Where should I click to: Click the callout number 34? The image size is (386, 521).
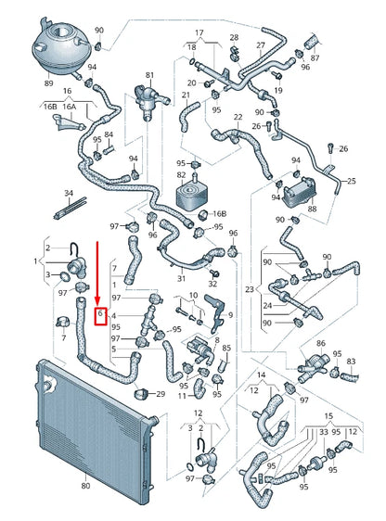click(67, 193)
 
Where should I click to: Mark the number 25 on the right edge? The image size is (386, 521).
click(350, 181)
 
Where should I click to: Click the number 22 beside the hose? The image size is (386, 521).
click(238, 117)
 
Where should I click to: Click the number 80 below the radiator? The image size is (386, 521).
click(85, 484)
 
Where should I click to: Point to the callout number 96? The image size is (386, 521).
click(233, 233)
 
